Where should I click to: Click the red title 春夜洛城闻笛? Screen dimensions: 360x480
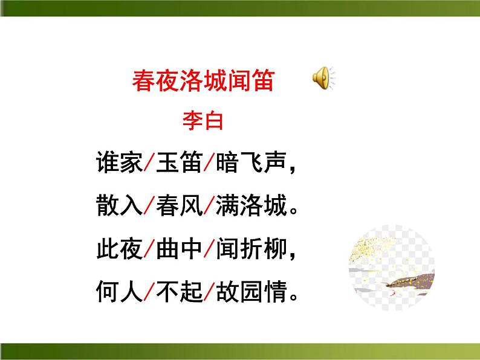pyautogui.click(x=203, y=81)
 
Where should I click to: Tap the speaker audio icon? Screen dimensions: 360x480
pyautogui.click(x=322, y=79)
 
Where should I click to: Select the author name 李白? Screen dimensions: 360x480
pyautogui.click(x=203, y=120)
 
